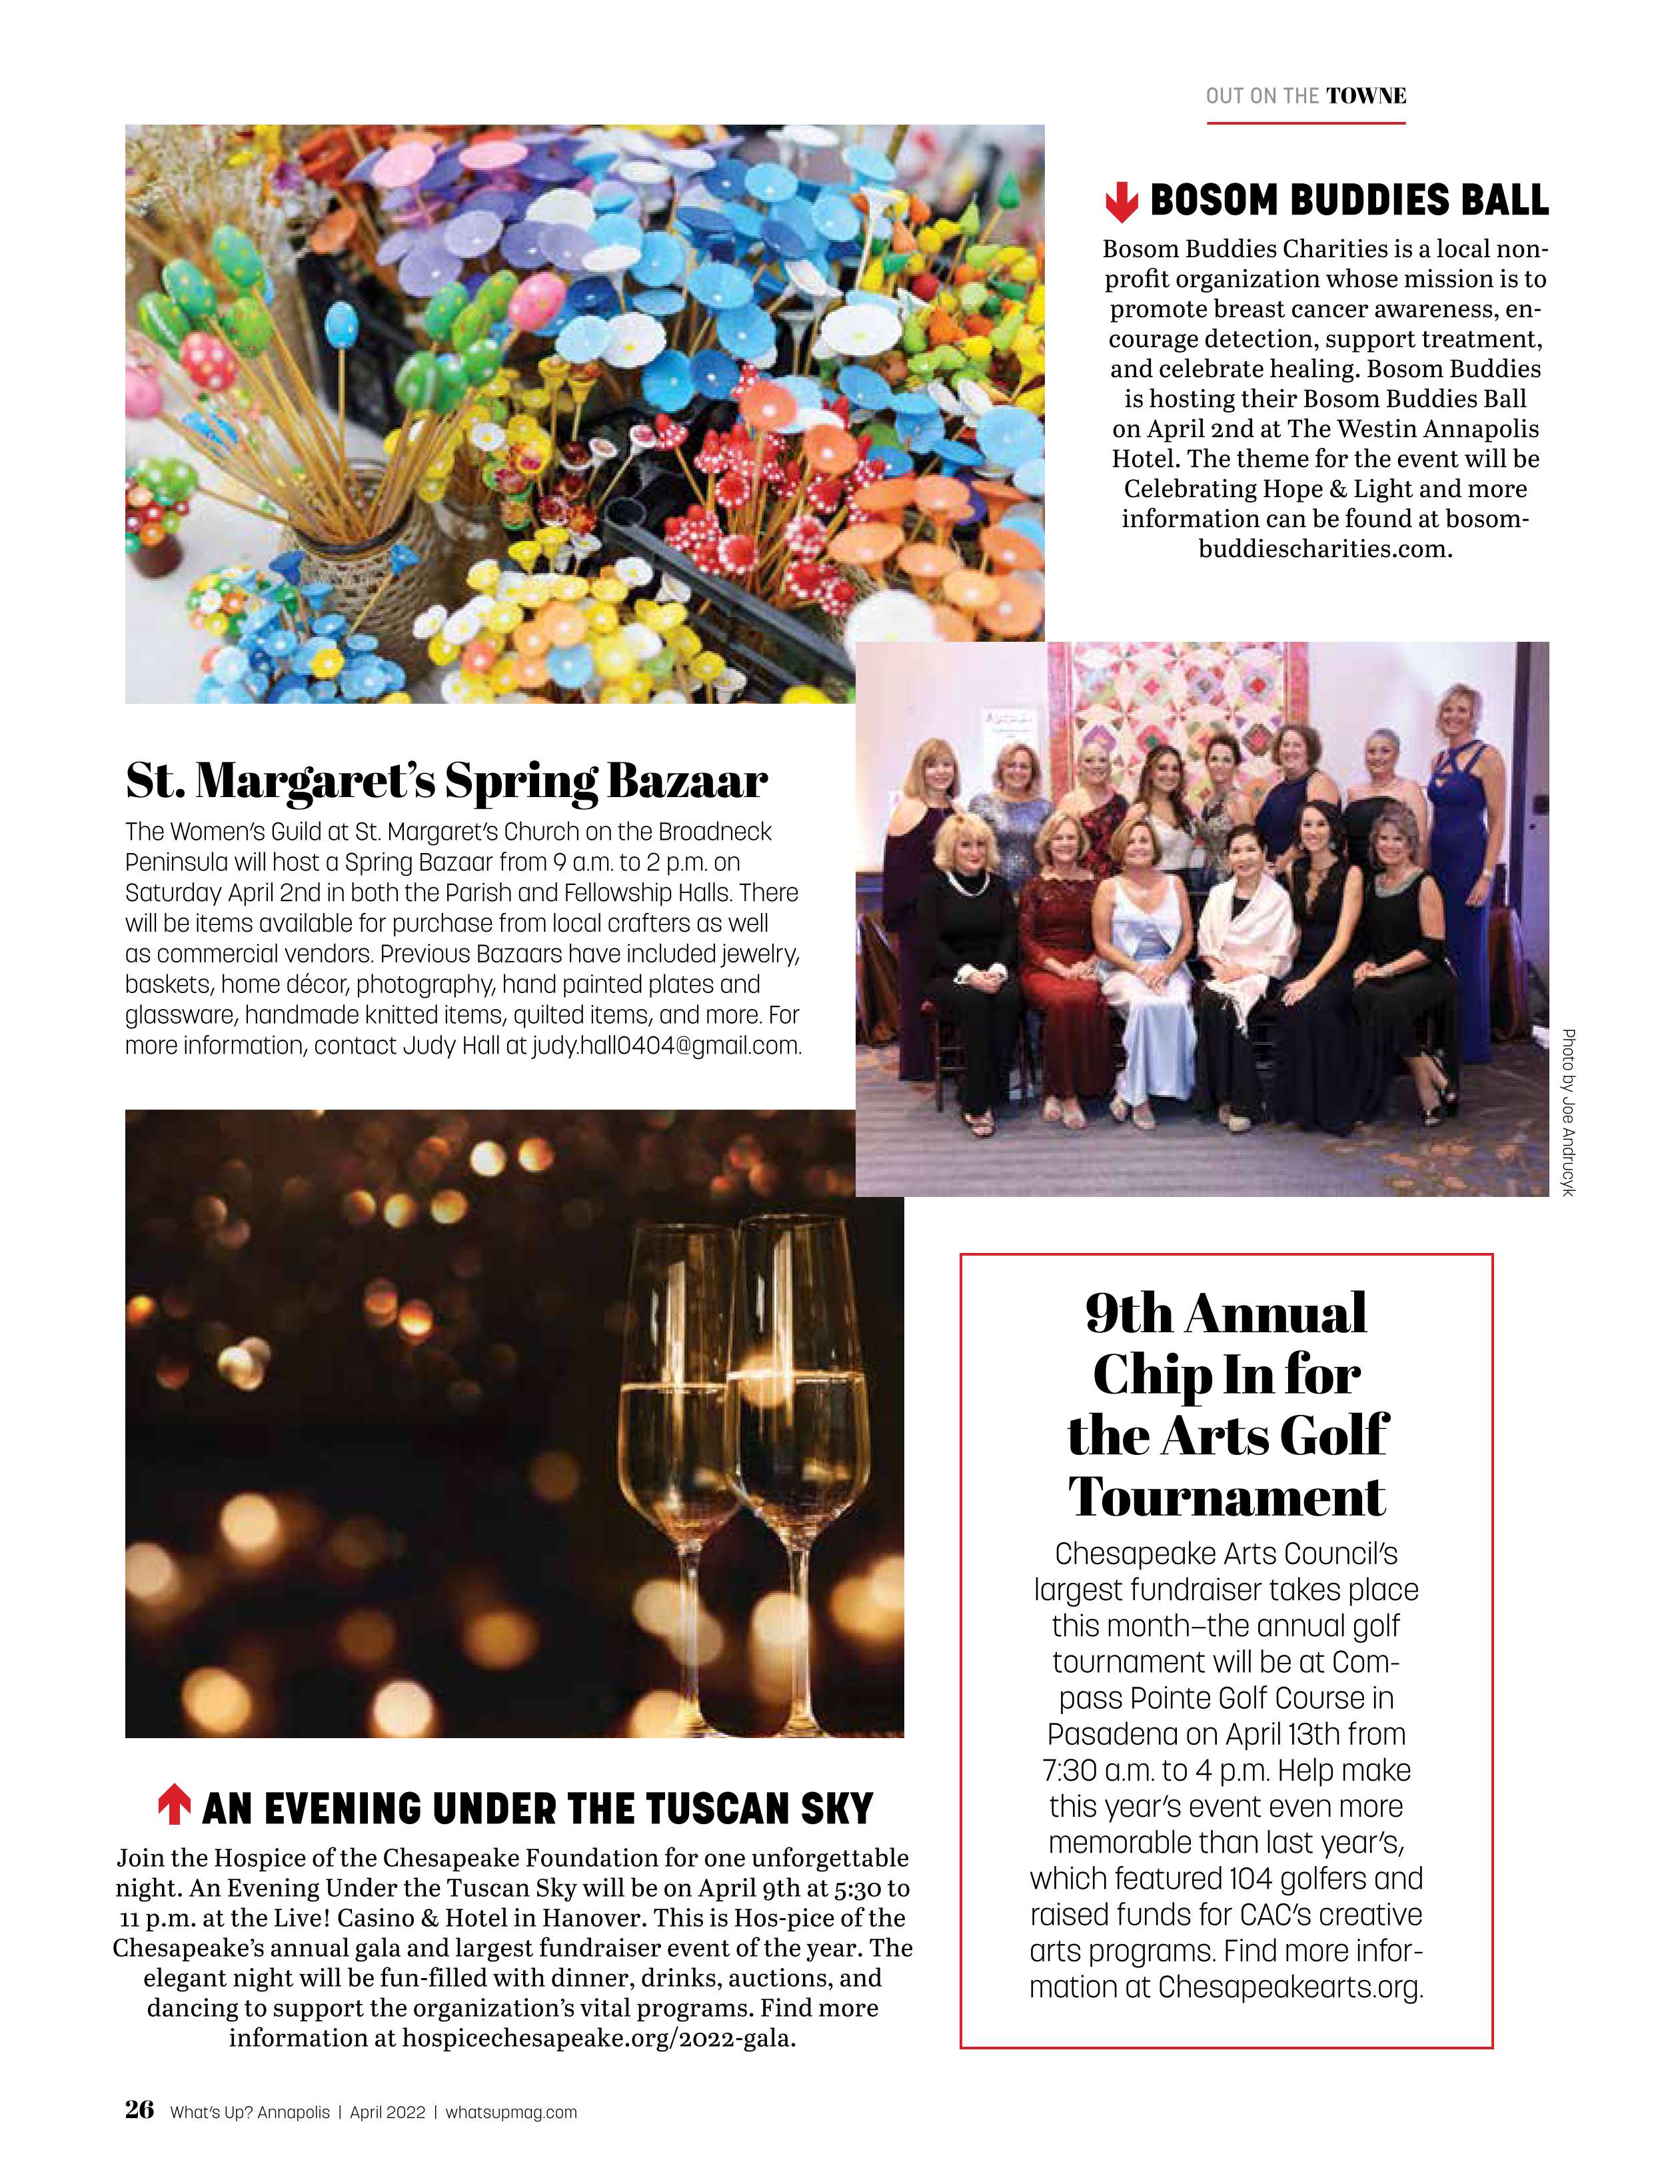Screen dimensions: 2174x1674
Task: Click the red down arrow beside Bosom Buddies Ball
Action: point(1121,201)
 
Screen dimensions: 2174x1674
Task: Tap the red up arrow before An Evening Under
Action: point(174,1807)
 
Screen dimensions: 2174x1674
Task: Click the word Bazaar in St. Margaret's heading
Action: point(686,781)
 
